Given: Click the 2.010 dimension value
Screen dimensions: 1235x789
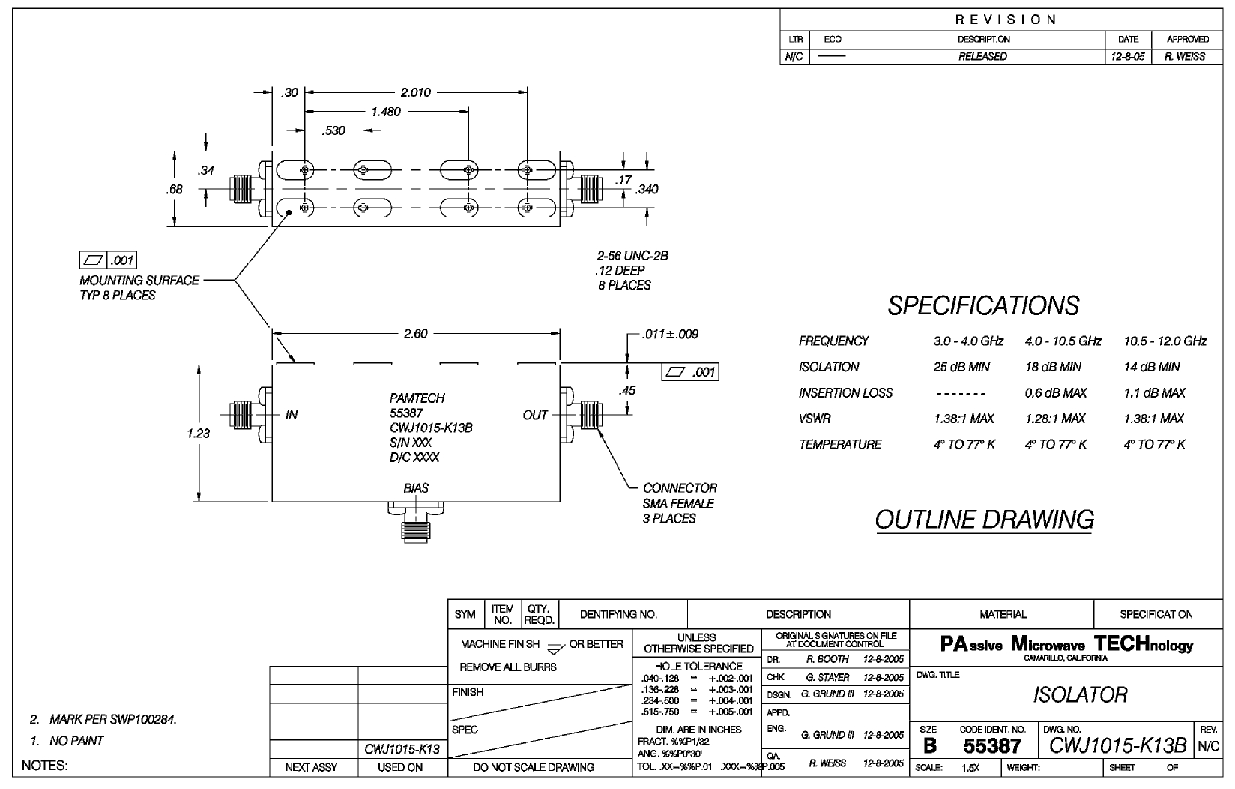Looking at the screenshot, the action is (416, 92).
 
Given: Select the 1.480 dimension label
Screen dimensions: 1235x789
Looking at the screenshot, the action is (386, 112).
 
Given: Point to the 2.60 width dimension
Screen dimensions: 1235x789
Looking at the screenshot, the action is (415, 334).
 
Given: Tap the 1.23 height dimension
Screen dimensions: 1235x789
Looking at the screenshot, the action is (198, 433).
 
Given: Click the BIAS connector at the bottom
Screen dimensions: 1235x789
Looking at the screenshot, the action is (416, 522).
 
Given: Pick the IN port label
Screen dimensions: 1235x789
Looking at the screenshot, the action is (292, 415).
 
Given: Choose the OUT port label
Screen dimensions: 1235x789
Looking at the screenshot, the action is (535, 415).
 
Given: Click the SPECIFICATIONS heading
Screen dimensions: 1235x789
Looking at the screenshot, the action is (983, 306).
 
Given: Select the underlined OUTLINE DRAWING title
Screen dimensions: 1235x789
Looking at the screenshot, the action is (984, 520).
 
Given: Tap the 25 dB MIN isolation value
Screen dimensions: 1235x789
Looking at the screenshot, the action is (961, 367).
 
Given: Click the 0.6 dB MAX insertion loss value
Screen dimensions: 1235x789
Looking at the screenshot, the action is (1056, 393).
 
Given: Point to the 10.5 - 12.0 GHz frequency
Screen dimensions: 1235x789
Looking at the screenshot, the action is (1165, 341).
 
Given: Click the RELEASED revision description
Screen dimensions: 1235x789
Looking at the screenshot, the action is (982, 56).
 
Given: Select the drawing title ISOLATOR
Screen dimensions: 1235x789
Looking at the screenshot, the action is (1080, 694).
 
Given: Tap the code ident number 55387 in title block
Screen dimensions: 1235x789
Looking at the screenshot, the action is (992, 746).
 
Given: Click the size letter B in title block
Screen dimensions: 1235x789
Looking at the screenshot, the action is (929, 746).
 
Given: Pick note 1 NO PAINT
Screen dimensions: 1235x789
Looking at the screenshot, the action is (67, 741).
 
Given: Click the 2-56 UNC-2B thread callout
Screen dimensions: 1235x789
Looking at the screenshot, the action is (632, 256).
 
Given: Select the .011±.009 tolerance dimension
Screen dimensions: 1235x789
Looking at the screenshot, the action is (670, 334).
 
